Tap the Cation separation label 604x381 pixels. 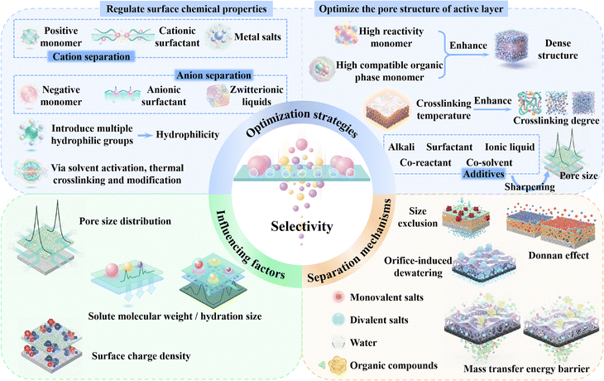click(88, 56)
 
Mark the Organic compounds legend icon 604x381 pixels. click(400, 359)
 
